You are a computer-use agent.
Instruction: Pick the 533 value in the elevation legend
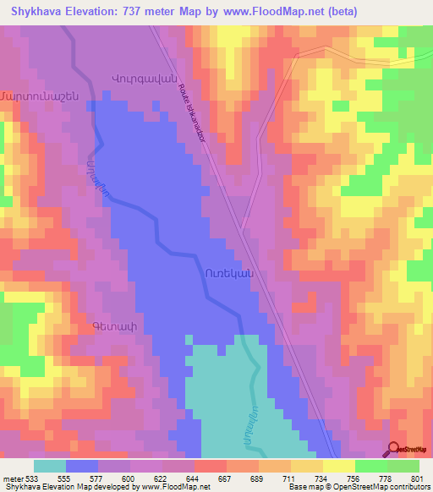point(27,478)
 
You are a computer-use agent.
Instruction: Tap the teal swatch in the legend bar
point(49,466)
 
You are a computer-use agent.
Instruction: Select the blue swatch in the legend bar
point(81,466)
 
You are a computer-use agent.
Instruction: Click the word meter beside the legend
point(10,478)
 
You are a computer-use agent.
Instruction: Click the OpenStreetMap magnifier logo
point(394,450)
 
